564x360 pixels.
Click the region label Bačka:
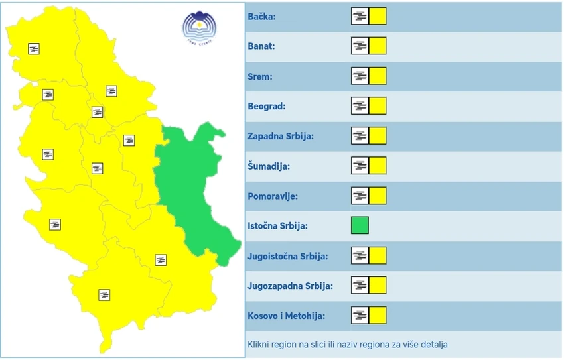261,17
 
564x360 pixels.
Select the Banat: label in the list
261,46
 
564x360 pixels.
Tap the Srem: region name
260,76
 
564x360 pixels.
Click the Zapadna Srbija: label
280,136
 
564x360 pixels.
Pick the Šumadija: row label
269,166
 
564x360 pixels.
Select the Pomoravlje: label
273,196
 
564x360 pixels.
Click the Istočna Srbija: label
277,226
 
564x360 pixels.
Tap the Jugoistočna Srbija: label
287,256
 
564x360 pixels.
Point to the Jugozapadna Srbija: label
290,286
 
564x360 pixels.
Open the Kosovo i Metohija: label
286,316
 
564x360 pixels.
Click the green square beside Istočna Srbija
360,226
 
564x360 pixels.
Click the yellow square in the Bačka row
378,17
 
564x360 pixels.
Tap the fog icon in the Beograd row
360,106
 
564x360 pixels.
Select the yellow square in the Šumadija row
378,166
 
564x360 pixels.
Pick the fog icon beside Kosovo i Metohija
360,316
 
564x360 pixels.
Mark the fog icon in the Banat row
360,46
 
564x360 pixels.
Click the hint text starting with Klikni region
348,345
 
